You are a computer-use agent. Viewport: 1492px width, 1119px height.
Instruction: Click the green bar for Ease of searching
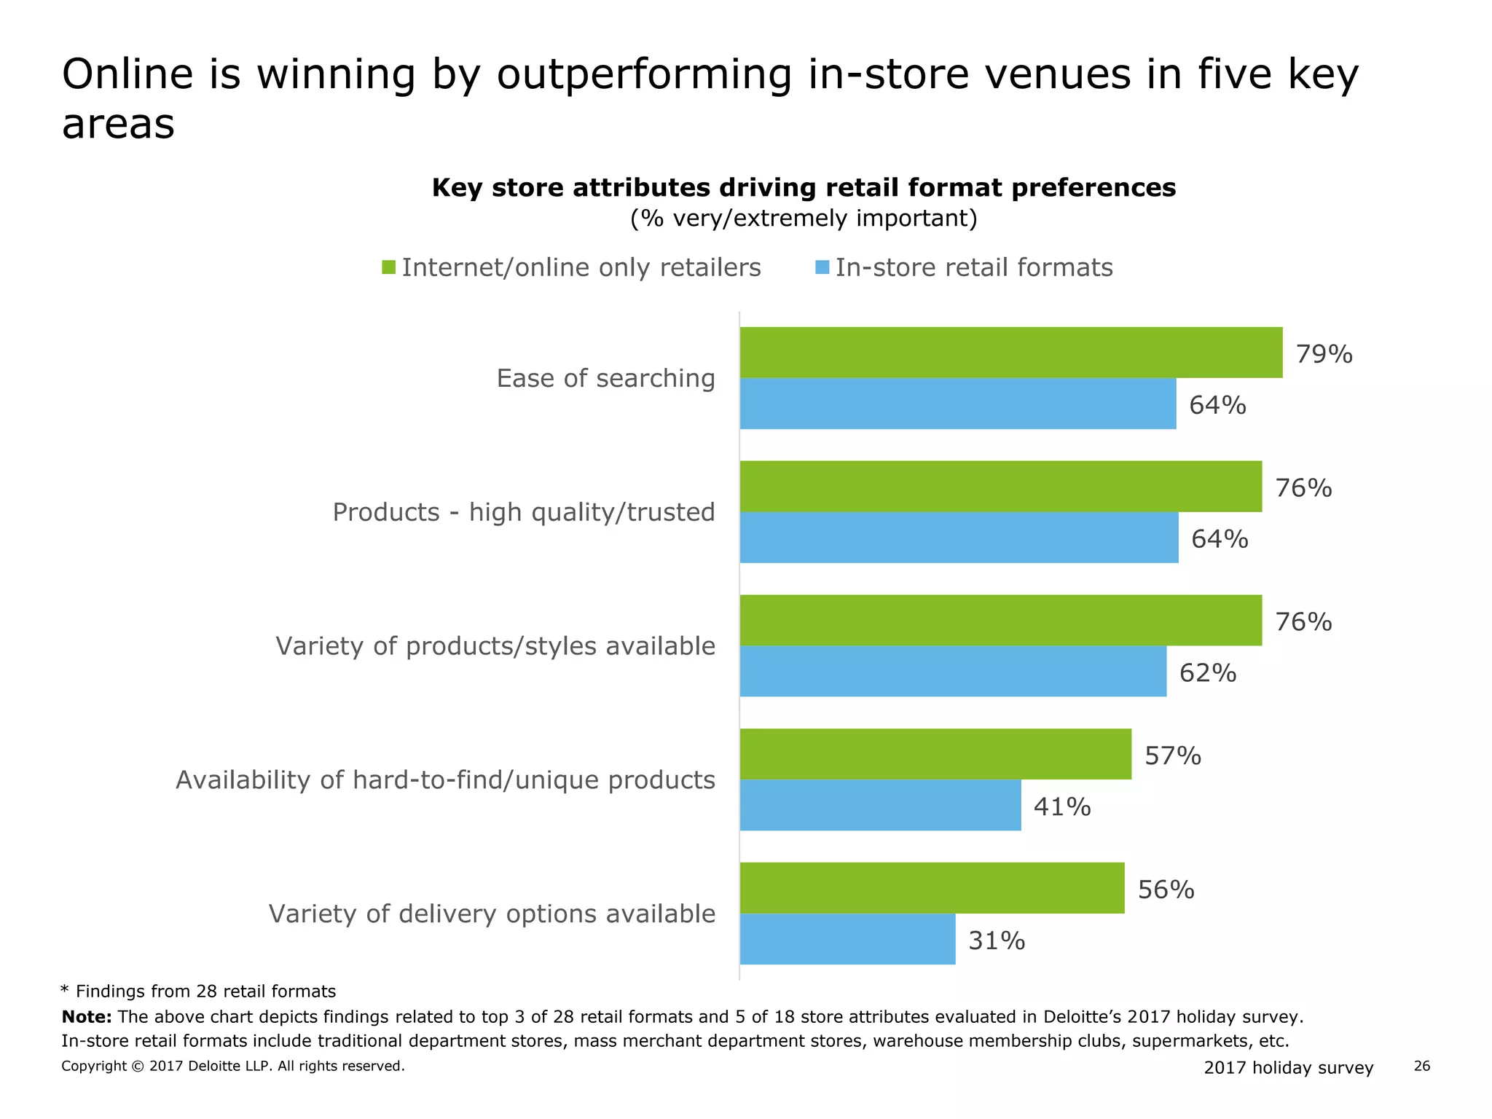coord(1011,353)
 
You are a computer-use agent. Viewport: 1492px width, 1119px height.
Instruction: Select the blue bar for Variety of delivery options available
coord(847,939)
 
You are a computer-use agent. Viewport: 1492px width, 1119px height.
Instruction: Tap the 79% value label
coord(1324,355)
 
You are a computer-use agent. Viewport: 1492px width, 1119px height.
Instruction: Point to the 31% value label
coord(996,941)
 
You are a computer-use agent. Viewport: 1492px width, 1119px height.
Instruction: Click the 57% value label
coord(1172,755)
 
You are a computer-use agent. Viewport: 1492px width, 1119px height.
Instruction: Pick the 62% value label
coord(1207,672)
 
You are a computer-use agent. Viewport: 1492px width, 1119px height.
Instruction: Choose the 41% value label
coord(1061,806)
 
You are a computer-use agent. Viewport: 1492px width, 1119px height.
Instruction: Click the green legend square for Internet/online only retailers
coord(388,267)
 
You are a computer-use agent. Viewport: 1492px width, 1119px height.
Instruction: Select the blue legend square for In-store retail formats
coord(822,267)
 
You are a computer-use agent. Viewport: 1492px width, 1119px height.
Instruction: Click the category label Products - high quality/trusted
coord(524,512)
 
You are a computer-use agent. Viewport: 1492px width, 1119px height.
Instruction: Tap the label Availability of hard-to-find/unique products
coord(445,780)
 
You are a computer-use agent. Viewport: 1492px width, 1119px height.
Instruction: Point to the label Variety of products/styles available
coord(495,646)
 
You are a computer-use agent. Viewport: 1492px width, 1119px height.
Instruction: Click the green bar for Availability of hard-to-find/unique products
coord(935,754)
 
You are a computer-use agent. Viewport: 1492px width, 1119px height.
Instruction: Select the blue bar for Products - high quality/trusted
coord(959,538)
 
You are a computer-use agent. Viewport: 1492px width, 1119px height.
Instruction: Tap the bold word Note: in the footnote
coord(87,1017)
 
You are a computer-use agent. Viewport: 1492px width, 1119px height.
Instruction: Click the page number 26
coord(1421,1067)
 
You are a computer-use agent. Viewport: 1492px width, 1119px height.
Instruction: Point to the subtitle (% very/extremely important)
coord(804,219)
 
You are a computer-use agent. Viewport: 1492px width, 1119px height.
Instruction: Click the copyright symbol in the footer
coord(138,1067)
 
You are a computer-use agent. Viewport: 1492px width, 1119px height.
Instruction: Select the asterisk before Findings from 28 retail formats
coord(65,990)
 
